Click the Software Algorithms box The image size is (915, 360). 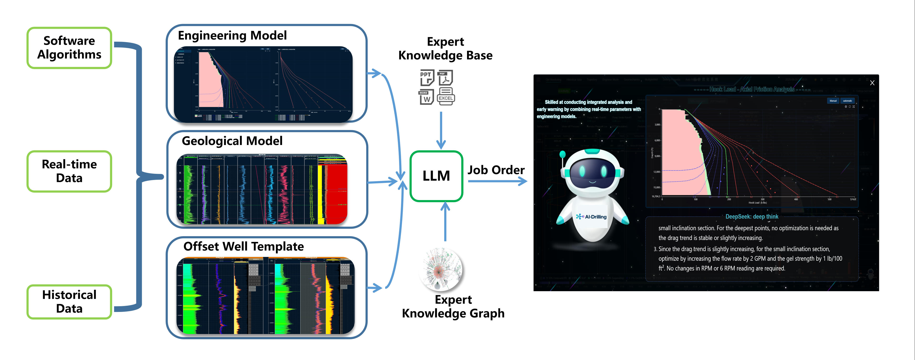click(x=69, y=48)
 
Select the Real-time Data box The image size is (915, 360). click(x=69, y=171)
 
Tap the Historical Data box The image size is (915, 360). click(x=69, y=301)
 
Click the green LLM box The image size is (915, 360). click(x=436, y=176)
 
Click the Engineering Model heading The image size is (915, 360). click(x=232, y=35)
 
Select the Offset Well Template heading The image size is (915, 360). click(x=244, y=246)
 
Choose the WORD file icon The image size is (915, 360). click(x=426, y=97)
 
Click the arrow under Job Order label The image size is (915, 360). click(x=497, y=181)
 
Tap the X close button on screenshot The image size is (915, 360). click(x=872, y=83)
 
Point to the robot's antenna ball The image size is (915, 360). click(x=562, y=154)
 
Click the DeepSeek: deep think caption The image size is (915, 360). click(x=752, y=217)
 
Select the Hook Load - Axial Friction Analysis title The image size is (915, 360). click(x=752, y=90)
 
